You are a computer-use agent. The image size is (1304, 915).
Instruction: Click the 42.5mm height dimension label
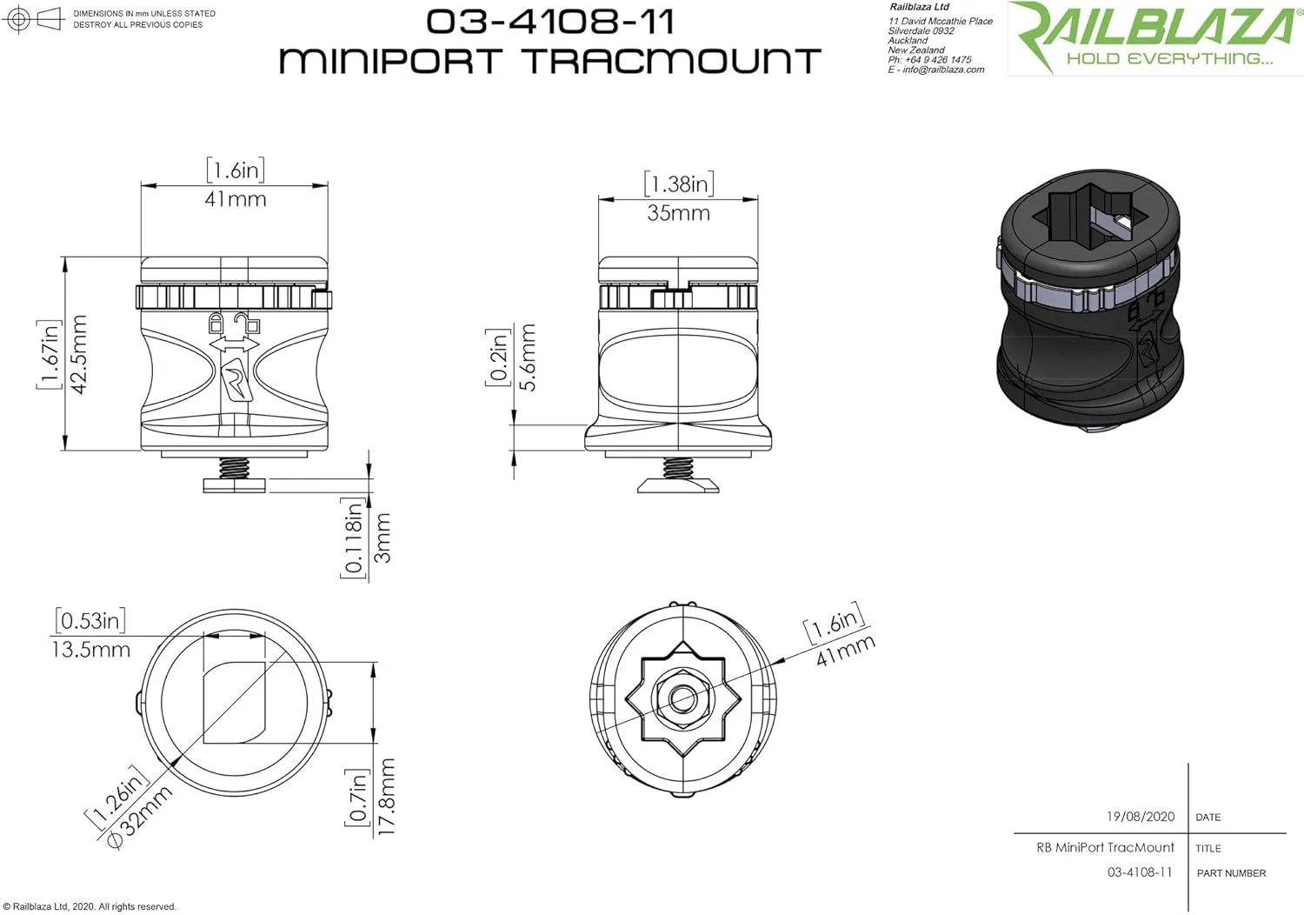click(78, 354)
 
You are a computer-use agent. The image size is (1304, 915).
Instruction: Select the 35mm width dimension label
click(678, 213)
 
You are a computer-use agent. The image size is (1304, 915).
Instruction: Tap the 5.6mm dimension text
click(527, 357)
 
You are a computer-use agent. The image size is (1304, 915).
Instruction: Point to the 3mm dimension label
click(383, 538)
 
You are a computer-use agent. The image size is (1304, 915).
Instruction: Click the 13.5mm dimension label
click(90, 650)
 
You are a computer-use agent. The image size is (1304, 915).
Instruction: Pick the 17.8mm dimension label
click(387, 796)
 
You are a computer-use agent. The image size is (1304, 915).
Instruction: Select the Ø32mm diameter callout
click(140, 817)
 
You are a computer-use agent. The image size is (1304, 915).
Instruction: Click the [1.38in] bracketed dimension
click(679, 184)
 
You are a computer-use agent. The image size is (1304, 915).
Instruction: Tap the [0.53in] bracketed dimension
click(90, 620)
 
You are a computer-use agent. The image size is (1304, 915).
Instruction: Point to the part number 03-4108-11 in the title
click(550, 22)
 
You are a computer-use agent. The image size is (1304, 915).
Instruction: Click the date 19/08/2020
click(1141, 817)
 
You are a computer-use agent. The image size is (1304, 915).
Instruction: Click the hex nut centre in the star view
click(682, 698)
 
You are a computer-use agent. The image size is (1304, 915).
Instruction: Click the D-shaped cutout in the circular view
click(234, 703)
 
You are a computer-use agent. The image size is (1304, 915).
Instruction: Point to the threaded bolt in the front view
click(234, 467)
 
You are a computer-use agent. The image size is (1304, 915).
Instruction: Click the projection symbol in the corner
click(33, 18)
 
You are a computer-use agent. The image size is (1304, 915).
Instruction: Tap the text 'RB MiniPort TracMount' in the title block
click(1105, 847)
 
